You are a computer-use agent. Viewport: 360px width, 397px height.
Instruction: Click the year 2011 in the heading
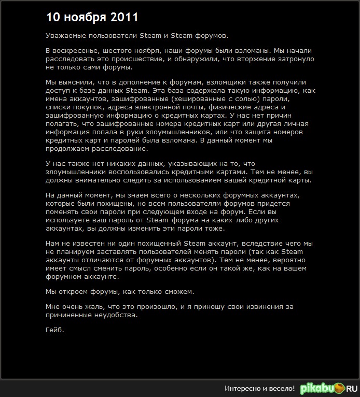pyautogui.click(x=124, y=17)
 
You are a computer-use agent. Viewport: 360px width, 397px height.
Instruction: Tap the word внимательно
pyautogui.click(x=98, y=180)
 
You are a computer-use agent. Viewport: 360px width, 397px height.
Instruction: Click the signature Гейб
pyautogui.click(x=54, y=330)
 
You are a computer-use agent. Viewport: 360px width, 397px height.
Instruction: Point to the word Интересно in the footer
pyautogui.click(x=242, y=388)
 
